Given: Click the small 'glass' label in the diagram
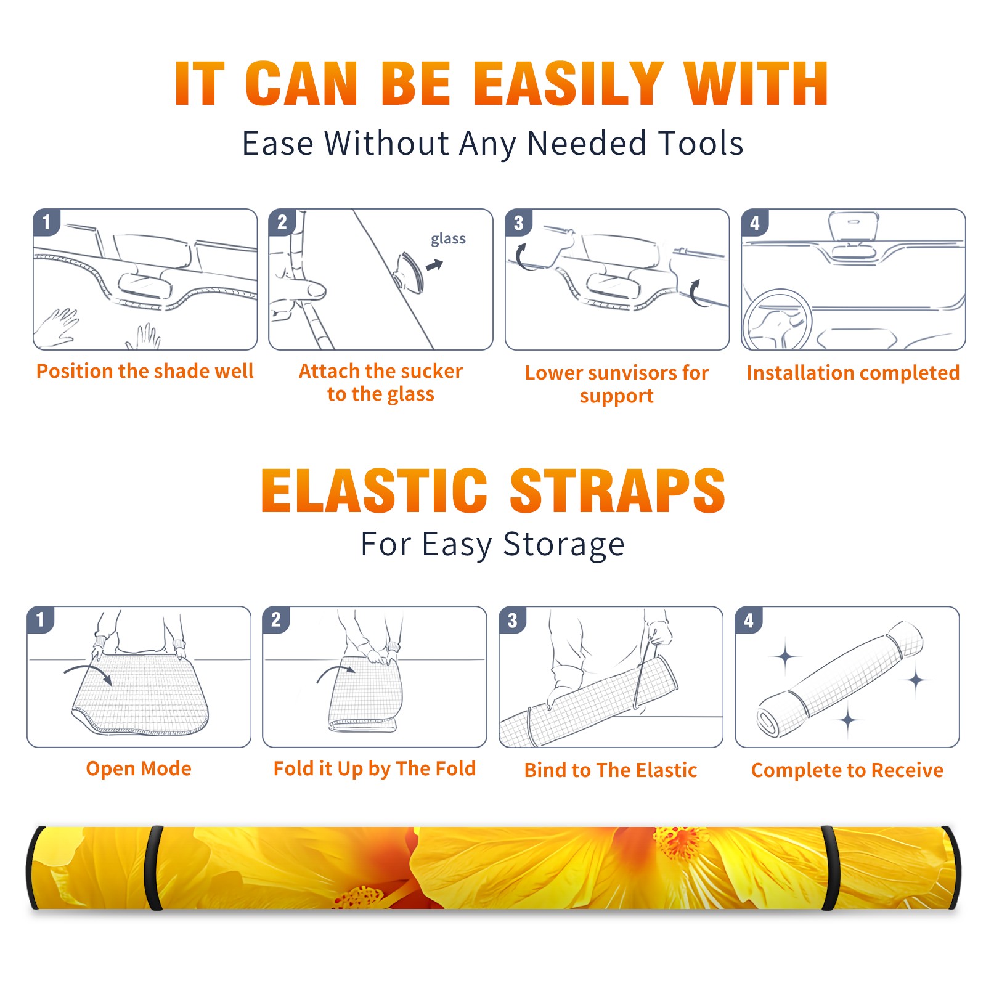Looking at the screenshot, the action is (x=448, y=238).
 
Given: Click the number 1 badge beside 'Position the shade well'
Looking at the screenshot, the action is (x=47, y=222).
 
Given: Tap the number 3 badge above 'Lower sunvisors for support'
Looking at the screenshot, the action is (x=518, y=222).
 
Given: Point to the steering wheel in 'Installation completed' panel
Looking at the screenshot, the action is (x=776, y=320).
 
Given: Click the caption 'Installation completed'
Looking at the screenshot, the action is (x=853, y=372).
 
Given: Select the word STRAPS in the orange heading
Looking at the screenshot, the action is (x=617, y=491).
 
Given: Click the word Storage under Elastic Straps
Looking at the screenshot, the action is (x=564, y=545).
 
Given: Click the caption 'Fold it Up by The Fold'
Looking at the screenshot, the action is (x=375, y=768).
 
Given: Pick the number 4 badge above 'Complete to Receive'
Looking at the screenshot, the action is (x=749, y=620).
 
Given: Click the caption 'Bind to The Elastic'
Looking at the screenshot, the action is (x=611, y=770).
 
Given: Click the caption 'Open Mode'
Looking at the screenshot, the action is (x=139, y=768).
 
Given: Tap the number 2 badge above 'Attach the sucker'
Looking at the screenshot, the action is (x=282, y=222).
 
